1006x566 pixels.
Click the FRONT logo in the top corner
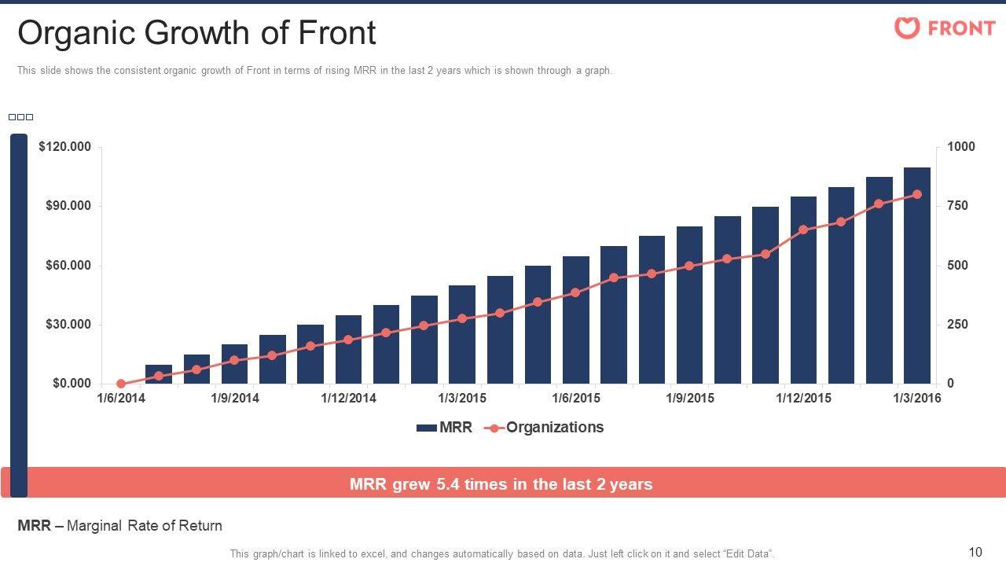945,28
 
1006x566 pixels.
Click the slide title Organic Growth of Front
196,33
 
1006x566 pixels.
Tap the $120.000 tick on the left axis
64,147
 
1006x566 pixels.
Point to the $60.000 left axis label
67,266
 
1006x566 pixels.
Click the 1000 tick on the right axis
960,147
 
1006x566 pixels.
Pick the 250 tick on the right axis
957,325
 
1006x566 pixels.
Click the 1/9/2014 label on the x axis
235,398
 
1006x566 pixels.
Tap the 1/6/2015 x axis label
576,398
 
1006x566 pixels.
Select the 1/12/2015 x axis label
803,398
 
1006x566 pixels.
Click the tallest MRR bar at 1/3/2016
917,275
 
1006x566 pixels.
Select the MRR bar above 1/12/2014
348,350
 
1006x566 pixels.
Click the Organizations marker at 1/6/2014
121,384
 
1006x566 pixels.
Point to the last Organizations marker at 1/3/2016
917,194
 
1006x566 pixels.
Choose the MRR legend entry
444,428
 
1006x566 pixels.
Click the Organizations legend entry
544,428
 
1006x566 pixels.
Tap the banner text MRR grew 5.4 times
501,484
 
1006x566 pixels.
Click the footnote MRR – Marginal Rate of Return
119,526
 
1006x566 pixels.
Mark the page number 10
976,552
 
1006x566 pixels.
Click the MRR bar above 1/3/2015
462,334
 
